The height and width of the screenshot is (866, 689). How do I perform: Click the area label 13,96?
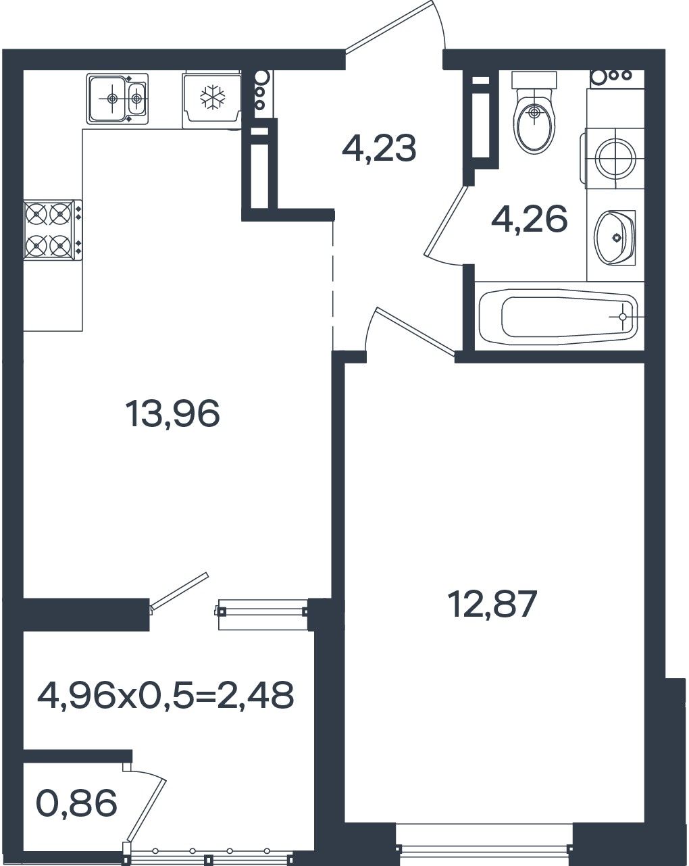coord(173,414)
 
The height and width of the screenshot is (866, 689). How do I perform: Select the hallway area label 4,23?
coord(379,149)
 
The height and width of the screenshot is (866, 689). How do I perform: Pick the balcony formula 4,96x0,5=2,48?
coord(165,695)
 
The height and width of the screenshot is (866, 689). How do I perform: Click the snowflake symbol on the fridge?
coord(213,97)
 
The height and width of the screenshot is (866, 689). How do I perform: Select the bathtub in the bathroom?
coord(559,316)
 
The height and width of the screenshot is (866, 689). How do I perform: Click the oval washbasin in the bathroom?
coord(615,238)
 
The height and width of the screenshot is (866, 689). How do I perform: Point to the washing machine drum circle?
coord(615,158)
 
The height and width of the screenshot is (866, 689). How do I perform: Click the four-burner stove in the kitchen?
coord(52,230)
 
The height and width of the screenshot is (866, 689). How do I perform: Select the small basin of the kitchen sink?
coord(136,98)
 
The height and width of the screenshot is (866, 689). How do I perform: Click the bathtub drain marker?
coord(623,317)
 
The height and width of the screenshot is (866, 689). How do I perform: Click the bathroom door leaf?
coord(446,220)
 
